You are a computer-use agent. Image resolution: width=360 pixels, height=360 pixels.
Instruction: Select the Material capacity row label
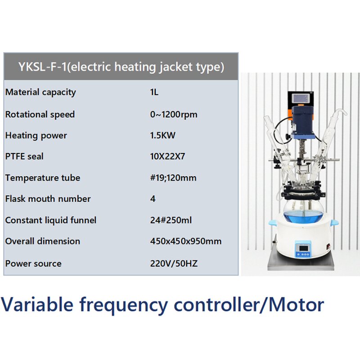[x=40, y=92]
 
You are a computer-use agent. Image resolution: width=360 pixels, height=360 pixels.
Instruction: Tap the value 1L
[x=154, y=92]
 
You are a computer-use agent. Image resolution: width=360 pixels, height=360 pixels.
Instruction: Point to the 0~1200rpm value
[x=174, y=114]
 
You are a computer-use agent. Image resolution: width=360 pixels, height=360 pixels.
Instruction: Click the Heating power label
[x=36, y=135]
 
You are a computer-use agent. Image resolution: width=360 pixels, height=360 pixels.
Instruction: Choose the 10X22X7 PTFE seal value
[x=167, y=157]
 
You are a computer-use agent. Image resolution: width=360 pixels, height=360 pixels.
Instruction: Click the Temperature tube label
[x=43, y=178]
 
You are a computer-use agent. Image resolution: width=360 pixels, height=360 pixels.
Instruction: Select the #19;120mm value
[x=173, y=178]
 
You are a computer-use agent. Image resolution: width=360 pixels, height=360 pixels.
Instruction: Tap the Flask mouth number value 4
[x=153, y=199]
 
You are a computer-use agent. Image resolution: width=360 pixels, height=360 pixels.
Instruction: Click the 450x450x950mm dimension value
[x=186, y=241]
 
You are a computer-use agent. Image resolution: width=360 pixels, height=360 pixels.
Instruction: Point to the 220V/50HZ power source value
[x=174, y=263]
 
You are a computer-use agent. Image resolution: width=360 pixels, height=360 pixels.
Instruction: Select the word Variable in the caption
[x=37, y=305]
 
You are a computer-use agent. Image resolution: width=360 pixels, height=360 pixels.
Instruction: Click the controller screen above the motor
[x=301, y=97]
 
